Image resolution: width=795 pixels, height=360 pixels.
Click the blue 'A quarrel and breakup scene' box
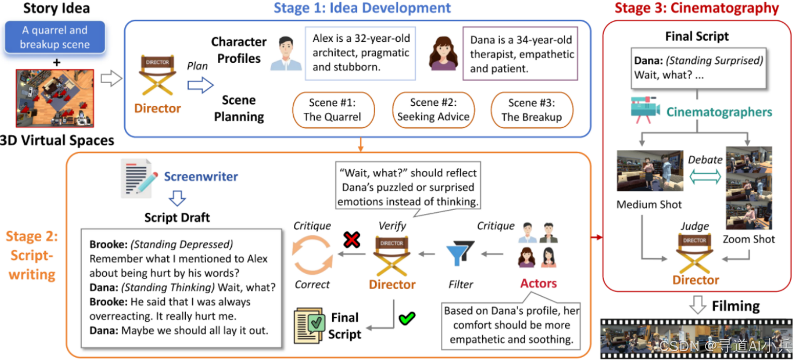(54, 37)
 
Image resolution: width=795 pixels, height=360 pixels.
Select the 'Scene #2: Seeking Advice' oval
(433, 110)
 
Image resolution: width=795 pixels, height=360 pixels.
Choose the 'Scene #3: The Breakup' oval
(531, 110)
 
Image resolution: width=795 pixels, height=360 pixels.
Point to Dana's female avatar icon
(443, 54)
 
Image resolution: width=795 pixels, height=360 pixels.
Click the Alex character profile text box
(361, 53)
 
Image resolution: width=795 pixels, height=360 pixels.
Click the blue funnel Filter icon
(460, 253)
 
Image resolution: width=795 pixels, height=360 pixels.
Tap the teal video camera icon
(646, 110)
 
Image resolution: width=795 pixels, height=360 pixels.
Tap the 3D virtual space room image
(55, 98)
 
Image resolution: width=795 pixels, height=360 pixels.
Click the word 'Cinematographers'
(719, 112)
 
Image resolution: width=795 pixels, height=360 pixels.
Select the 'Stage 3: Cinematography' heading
(696, 8)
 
